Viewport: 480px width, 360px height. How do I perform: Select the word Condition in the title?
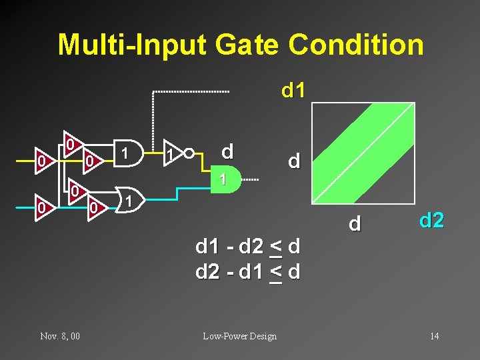356,45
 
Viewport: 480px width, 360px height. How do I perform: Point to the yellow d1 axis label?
293,90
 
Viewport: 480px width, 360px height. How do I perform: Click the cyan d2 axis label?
431,219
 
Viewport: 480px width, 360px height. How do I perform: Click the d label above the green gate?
227,152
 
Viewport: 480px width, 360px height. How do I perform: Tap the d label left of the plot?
293,161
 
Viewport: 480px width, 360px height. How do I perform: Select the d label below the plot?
355,223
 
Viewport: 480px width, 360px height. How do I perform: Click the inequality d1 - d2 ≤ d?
247,247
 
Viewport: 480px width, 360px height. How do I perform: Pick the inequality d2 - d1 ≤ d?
247,271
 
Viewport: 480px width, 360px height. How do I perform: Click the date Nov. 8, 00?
60,336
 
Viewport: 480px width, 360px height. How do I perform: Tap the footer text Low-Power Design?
240,336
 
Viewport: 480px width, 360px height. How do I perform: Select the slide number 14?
434,336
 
